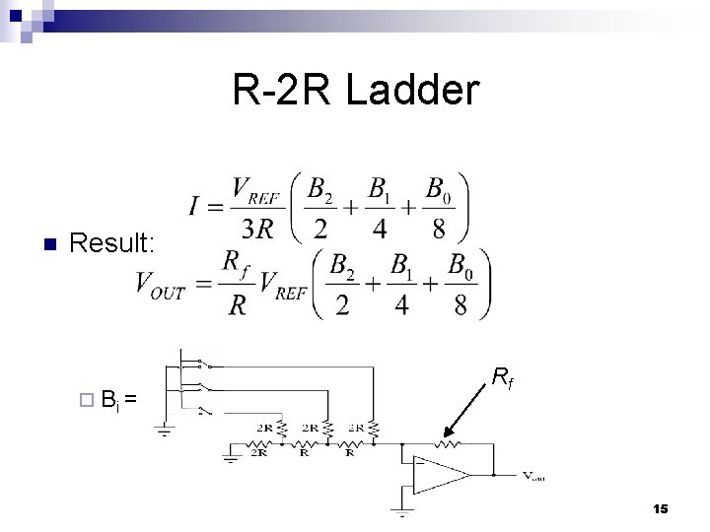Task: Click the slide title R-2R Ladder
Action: point(356,91)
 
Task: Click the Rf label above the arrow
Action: point(500,374)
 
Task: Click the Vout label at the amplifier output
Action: point(533,476)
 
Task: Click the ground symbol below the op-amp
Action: point(400,512)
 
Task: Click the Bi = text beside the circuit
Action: point(117,400)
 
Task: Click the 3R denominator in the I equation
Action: point(259,229)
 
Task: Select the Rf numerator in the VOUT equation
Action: point(233,262)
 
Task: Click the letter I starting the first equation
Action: point(195,207)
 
